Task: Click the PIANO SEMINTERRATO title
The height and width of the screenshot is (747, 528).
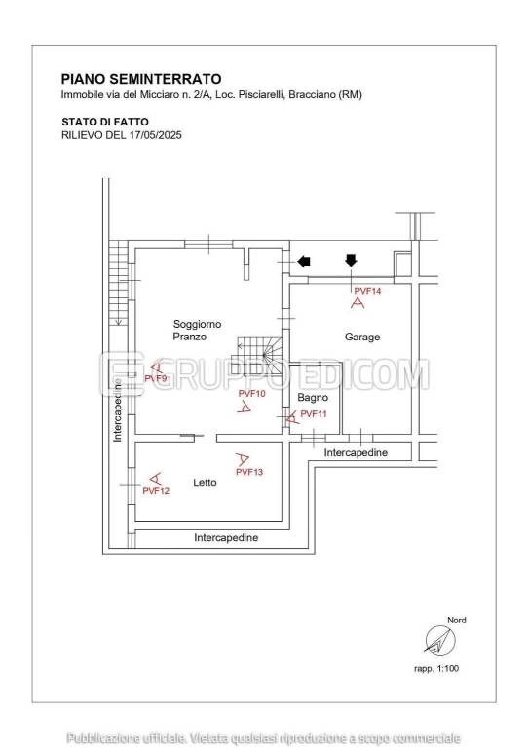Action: point(141,79)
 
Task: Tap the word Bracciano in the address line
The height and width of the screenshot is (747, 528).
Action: point(312,94)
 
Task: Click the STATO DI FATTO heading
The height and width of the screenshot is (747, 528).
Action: point(105,122)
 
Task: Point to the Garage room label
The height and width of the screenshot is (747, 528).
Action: point(362,337)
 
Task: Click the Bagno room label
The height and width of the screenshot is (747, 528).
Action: point(313,397)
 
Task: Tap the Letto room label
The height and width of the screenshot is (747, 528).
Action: point(205,483)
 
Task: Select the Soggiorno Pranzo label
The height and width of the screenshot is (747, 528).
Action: point(197,330)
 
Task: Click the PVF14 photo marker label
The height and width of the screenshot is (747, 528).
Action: point(367,291)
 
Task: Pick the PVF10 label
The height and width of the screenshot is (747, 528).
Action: point(252,394)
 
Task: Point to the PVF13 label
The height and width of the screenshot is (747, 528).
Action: point(249,472)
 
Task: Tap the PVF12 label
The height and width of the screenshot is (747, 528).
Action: point(156,490)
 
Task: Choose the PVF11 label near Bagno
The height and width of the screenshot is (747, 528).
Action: point(314,414)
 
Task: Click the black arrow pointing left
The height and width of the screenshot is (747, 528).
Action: point(304,261)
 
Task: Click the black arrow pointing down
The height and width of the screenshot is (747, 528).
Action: point(351,260)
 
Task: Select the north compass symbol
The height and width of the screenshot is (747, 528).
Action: point(439,640)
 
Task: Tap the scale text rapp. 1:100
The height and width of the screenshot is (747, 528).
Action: point(436,669)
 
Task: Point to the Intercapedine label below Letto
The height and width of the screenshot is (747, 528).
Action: point(226,537)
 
